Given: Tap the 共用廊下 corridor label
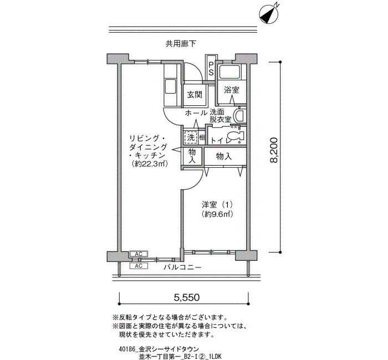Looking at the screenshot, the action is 181,44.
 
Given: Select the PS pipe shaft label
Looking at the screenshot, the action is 211,69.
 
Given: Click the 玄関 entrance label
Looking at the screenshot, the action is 195,95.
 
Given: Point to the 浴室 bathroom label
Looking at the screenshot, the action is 231,90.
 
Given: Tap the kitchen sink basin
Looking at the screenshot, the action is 170,86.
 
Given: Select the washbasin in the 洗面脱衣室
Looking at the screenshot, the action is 239,115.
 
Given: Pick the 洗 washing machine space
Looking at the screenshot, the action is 191,137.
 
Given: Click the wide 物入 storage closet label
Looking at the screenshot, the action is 224,156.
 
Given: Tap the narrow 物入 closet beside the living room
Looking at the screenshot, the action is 192,156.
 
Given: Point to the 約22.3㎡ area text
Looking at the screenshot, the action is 149,164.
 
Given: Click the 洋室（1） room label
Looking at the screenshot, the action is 217,205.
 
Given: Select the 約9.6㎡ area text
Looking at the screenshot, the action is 217,214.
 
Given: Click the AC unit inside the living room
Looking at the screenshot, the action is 139,254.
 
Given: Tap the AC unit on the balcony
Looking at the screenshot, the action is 139,266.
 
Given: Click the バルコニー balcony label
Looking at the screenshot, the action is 182,268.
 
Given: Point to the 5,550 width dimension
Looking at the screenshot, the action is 187,297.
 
